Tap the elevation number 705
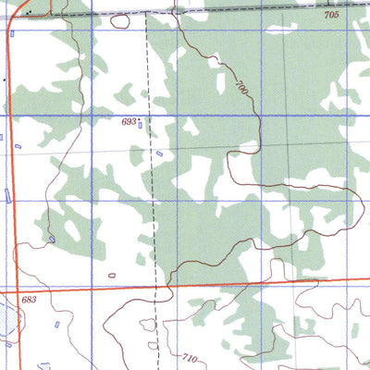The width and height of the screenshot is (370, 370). pyautogui.click(x=331, y=17)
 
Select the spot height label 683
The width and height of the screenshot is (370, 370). pyautogui.click(x=29, y=300)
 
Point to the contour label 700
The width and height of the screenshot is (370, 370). pyautogui.click(x=242, y=89)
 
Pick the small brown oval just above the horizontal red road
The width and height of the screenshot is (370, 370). pyautogui.click(x=112, y=275)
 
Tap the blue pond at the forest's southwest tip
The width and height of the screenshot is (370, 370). pyautogui.click(x=52, y=239)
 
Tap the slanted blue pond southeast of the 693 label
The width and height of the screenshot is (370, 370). pyautogui.click(x=158, y=154)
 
